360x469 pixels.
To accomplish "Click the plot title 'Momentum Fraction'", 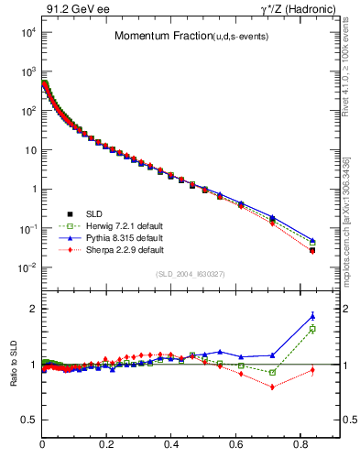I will [152, 36].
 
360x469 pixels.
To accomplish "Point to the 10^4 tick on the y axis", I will [28, 32].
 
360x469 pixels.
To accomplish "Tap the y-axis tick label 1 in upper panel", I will [33, 189].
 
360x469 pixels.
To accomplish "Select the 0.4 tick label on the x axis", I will [171, 445].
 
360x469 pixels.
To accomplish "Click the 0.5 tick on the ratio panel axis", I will [29, 420].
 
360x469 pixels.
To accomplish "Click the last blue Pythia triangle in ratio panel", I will [312, 316].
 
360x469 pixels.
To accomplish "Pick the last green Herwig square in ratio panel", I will [312, 329].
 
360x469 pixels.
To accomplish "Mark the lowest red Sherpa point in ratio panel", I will [272, 387].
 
